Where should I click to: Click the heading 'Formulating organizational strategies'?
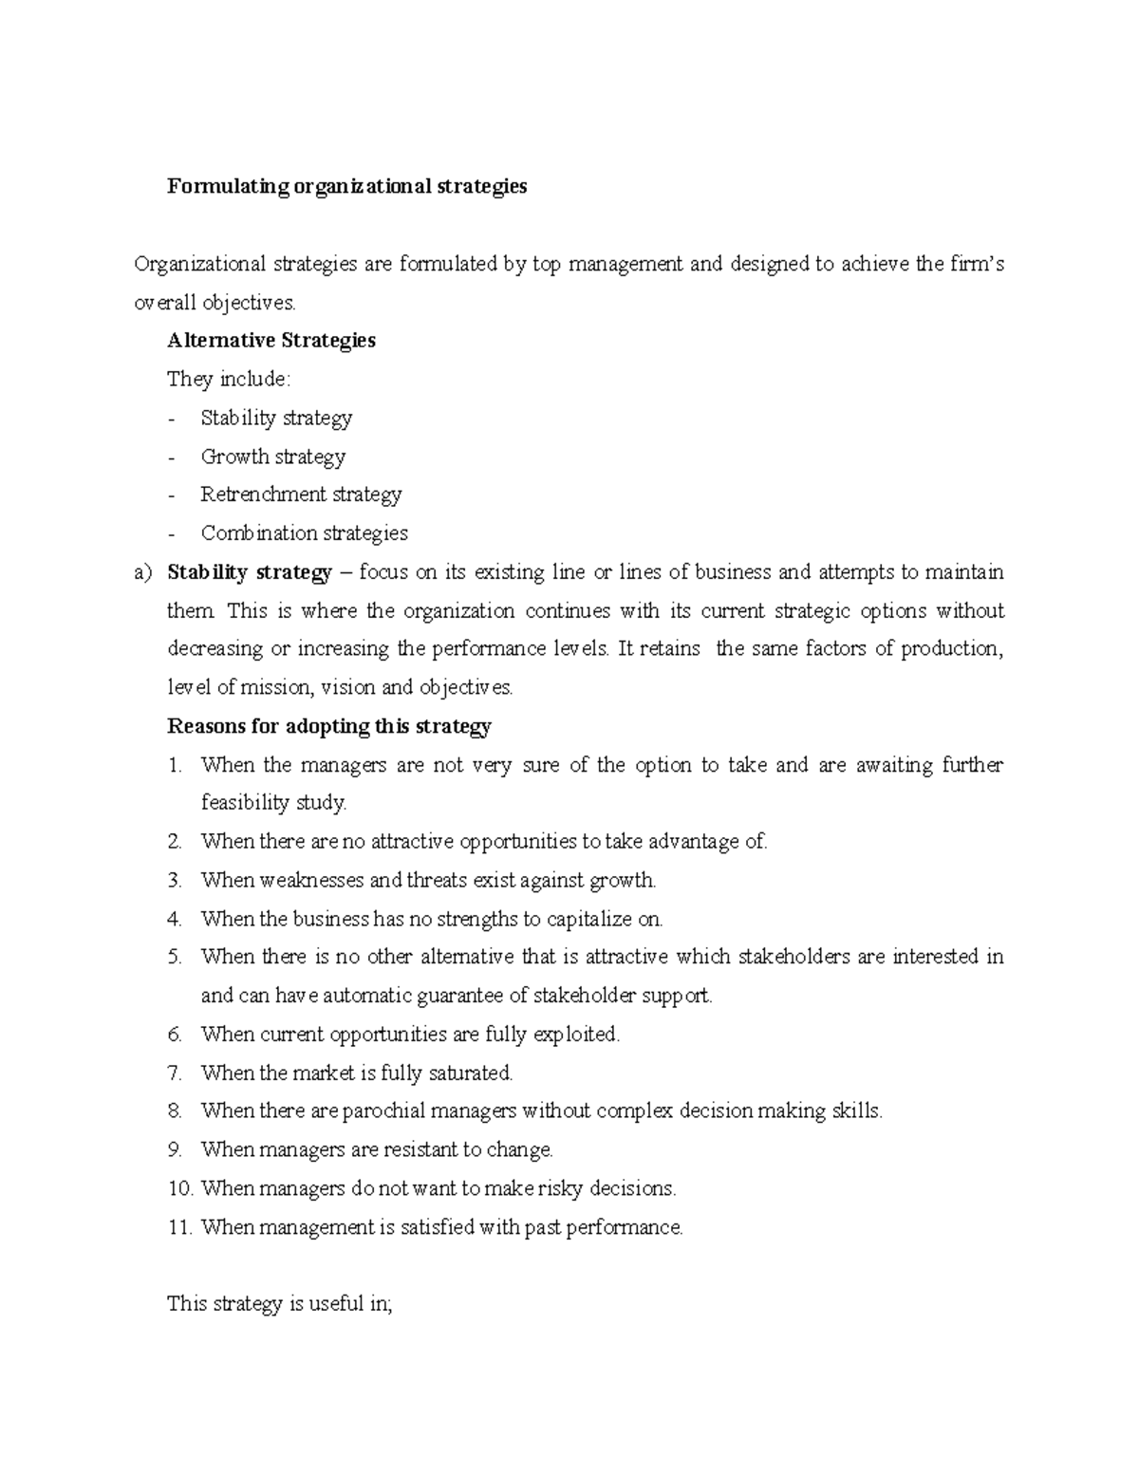tap(346, 187)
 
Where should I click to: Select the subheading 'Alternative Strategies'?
tap(271, 341)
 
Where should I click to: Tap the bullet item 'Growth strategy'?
tap(273, 457)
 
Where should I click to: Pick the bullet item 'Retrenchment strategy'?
tap(301, 494)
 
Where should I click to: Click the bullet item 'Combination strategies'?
tap(304, 533)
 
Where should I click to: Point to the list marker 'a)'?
tap(143, 573)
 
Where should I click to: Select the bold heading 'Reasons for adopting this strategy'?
tap(328, 727)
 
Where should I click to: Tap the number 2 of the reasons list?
tap(174, 842)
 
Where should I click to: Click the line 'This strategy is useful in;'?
tap(279, 1304)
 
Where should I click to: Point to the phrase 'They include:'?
tap(229, 380)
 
